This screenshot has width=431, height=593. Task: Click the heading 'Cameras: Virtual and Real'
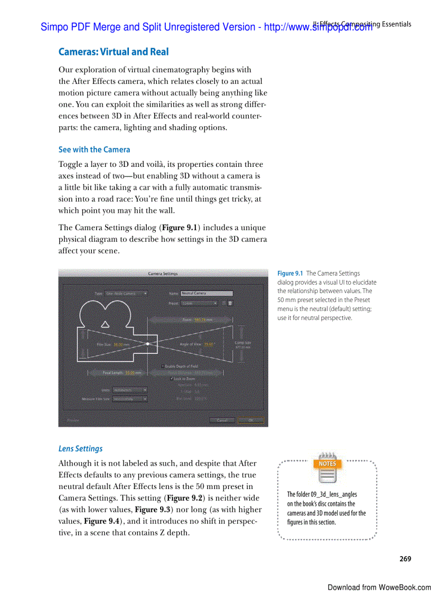pyautogui.click(x=114, y=52)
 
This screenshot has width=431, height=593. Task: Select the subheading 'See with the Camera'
pyautogui.click(x=94, y=149)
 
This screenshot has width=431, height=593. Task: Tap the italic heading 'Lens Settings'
pyautogui.click(x=80, y=448)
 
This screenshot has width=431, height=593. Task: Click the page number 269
pyautogui.click(x=405, y=559)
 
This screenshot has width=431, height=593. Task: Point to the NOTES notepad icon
pyautogui.click(x=327, y=467)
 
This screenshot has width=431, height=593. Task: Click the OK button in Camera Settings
pyautogui.click(x=251, y=420)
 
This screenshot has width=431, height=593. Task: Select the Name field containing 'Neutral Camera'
pyautogui.click(x=207, y=293)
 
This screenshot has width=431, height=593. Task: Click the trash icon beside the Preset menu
pyautogui.click(x=230, y=304)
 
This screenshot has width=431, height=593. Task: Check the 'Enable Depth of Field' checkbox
pyautogui.click(x=162, y=366)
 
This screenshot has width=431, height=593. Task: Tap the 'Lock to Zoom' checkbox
pyautogui.click(x=172, y=379)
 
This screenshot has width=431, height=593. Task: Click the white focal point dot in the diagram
pyautogui.click(x=148, y=344)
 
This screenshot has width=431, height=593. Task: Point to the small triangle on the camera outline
pyautogui.click(x=105, y=324)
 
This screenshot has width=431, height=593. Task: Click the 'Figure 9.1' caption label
pyautogui.click(x=290, y=274)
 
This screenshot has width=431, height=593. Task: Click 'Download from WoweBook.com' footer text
pyautogui.click(x=379, y=587)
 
